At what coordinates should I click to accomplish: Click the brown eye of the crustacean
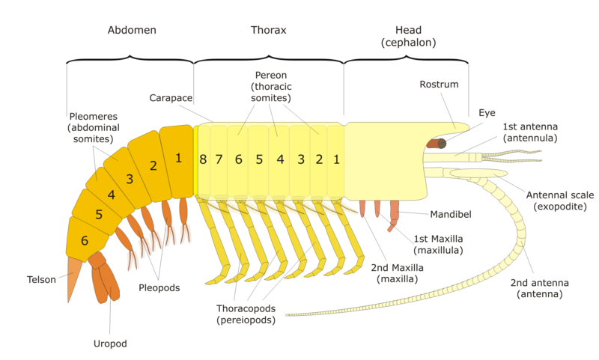(437, 144)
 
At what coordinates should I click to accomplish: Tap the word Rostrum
(439, 85)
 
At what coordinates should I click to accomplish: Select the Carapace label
(171, 98)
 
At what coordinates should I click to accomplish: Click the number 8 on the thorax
(203, 159)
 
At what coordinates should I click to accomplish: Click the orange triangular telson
(73, 278)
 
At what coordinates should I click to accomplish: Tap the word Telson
(41, 279)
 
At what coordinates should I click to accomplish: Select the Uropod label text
(110, 344)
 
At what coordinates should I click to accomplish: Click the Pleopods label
(159, 288)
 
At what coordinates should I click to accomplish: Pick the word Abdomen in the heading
(132, 30)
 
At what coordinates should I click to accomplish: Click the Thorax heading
(269, 30)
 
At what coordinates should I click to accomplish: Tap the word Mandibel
(451, 215)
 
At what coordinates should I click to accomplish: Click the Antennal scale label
(560, 201)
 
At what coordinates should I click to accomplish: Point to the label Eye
(487, 113)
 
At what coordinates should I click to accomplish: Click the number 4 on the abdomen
(111, 195)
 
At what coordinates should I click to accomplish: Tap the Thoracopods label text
(246, 314)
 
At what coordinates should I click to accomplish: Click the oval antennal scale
(478, 174)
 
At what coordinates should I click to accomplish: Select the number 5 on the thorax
(259, 159)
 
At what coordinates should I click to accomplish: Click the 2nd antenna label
(539, 288)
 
